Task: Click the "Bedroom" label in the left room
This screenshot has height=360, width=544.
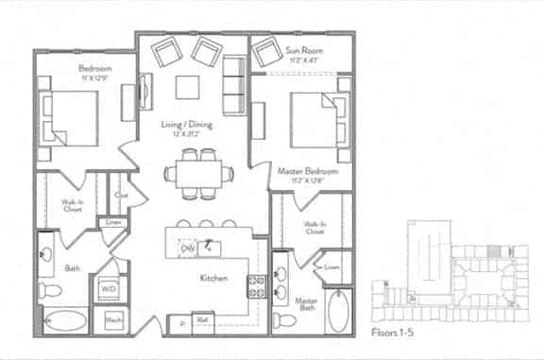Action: pos(94,69)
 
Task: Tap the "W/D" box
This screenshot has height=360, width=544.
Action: pos(108,288)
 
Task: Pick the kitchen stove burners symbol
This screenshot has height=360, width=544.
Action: pos(256,283)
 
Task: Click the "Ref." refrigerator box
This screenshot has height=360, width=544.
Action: pos(202,319)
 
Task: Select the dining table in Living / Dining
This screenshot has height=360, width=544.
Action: pos(197,173)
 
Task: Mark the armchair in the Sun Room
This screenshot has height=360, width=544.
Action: pos(268,53)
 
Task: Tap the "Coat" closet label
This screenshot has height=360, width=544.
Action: pos(121,196)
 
